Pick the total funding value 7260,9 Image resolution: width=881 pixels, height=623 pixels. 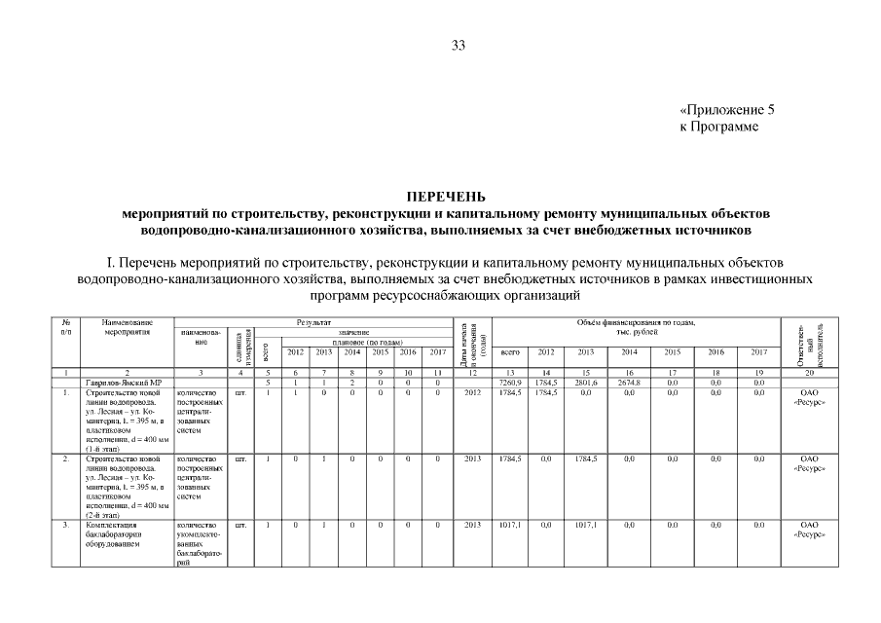(509, 383)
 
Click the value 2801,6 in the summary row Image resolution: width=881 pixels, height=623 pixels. (586, 383)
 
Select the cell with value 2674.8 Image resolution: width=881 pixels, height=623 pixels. (628, 383)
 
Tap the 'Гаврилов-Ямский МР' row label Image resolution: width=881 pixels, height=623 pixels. (118, 383)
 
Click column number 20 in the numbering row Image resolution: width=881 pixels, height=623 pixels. (809, 373)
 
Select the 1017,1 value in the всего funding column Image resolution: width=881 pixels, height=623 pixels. (509, 525)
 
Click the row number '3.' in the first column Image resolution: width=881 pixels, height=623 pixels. (65, 525)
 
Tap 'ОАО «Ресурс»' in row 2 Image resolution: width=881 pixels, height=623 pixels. (809, 462)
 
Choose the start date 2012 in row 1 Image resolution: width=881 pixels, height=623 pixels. (473, 392)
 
